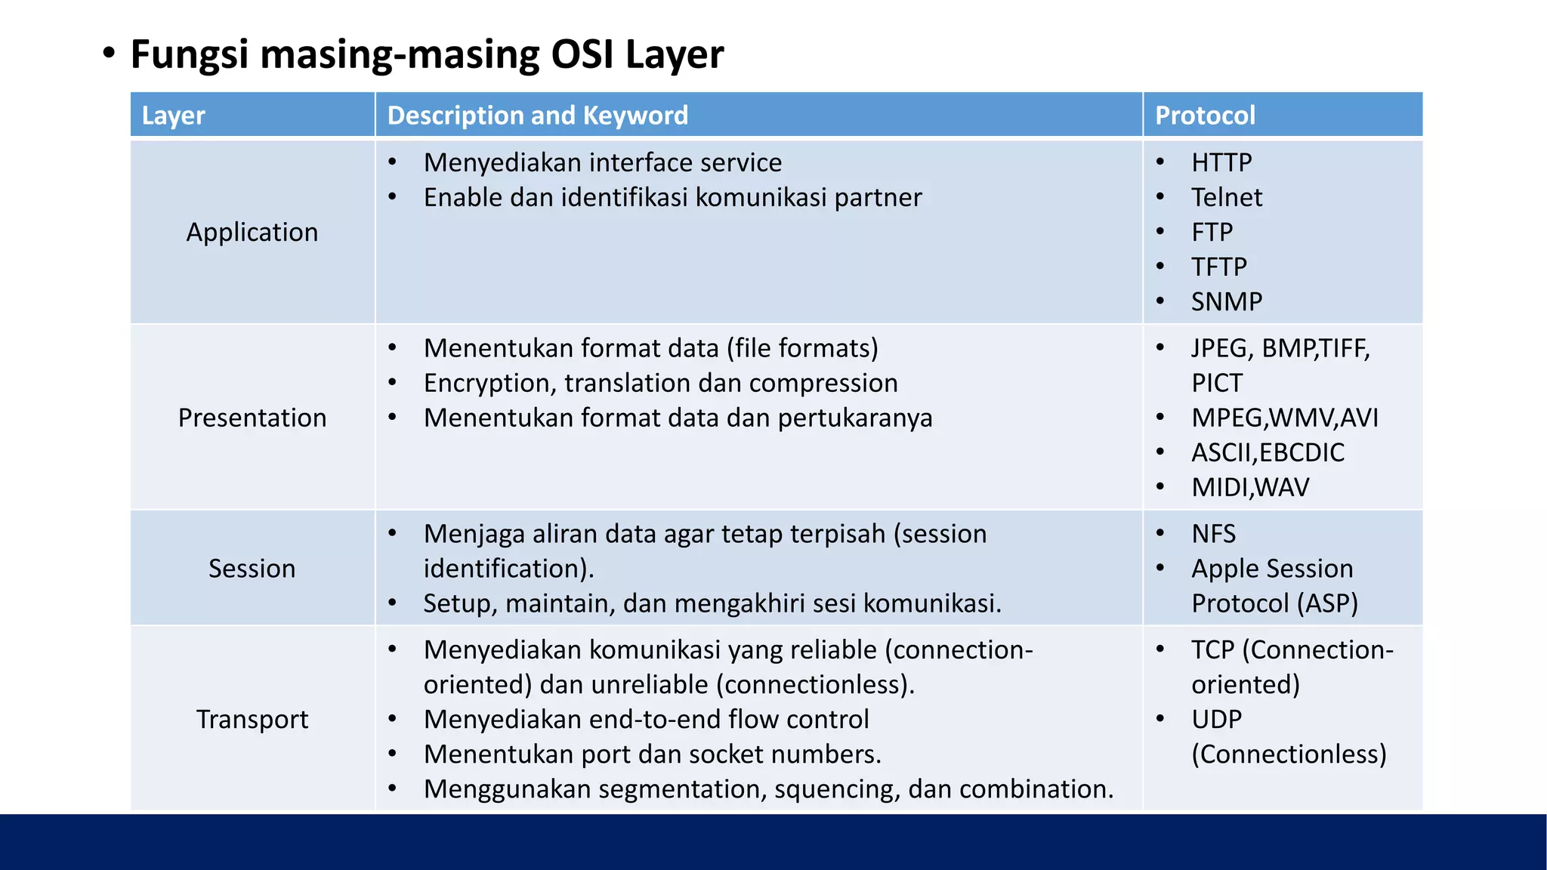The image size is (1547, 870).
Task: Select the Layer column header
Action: point(173,116)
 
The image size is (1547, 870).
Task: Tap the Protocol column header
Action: point(1205,116)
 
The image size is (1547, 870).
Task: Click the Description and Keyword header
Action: point(537,116)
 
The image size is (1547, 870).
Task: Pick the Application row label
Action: point(252,232)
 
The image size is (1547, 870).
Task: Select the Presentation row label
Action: point(252,418)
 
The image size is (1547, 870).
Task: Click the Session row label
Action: point(252,568)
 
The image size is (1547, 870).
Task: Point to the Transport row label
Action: point(252,719)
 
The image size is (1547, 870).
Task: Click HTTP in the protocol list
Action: point(1221,162)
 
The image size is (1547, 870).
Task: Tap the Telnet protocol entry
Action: point(1227,197)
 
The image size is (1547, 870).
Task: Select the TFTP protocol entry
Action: point(1219,267)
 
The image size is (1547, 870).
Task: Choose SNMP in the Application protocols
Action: point(1227,301)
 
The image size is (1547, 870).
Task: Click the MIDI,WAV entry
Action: point(1250,487)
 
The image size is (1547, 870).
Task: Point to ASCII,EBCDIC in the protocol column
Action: point(1268,452)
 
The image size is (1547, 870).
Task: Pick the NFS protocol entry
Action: point(1213,534)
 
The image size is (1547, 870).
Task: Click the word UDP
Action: point(1216,719)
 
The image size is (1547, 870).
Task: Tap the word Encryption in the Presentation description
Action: point(490,384)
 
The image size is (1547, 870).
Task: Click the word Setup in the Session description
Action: point(455,603)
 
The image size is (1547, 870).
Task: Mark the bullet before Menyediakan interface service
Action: point(392,162)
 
